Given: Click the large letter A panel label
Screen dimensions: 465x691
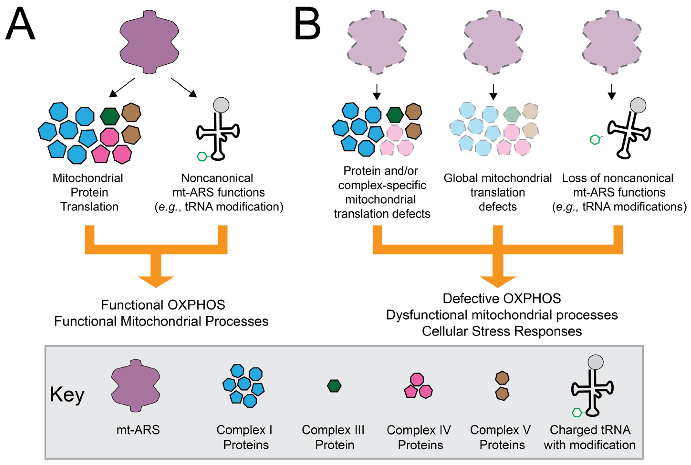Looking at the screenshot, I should tap(20, 24).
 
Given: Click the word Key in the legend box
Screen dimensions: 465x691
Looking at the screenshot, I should tap(67, 394).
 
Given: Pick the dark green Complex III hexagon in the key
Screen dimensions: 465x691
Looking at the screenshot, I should tap(334, 386).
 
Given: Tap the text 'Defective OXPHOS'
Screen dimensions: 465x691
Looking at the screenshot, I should tap(502, 298).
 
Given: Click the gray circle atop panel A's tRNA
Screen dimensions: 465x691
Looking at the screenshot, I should tap(221, 105).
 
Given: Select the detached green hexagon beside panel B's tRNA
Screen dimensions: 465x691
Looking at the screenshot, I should tap(595, 139).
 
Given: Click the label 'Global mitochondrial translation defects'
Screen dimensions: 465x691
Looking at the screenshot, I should tap(498, 192).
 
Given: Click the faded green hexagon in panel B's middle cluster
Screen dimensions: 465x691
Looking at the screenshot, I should tap(512, 114).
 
